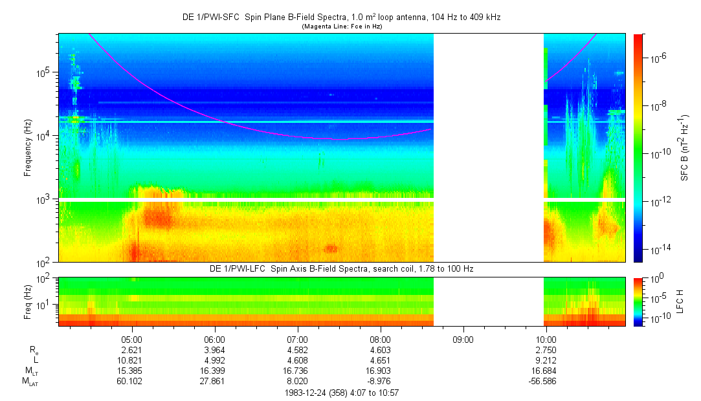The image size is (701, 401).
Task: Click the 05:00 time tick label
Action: click(x=132, y=339)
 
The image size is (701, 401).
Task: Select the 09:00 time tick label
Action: click(x=463, y=339)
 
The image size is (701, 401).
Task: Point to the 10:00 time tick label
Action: click(x=546, y=339)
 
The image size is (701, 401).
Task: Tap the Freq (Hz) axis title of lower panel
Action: click(x=28, y=301)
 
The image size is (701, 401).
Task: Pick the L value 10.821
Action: click(x=132, y=360)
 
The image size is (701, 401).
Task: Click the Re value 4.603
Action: click(x=380, y=349)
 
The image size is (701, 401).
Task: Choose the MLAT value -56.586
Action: click(x=546, y=382)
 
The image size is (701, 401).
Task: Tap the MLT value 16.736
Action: click(x=297, y=371)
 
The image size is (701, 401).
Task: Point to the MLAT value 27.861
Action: click(x=214, y=382)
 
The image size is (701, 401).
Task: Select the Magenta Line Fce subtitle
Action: click(x=341, y=26)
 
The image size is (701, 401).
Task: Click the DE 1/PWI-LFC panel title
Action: click(x=341, y=268)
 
